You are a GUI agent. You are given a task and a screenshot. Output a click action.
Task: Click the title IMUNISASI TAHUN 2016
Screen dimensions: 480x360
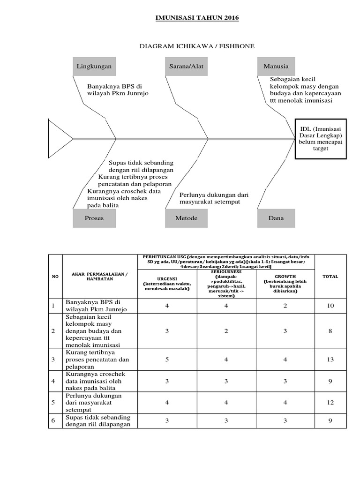tap(197, 18)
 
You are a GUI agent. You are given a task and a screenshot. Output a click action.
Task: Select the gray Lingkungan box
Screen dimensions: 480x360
tap(94, 66)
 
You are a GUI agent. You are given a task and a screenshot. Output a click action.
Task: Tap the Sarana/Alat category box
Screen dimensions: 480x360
tap(187, 66)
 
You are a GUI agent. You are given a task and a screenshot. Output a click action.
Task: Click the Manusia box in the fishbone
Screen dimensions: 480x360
tap(276, 66)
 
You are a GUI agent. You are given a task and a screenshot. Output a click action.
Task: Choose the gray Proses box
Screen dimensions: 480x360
tap(94, 218)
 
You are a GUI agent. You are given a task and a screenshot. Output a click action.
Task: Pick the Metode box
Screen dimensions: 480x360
tap(187, 218)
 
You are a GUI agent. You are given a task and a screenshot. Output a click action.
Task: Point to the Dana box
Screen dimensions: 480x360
tap(276, 218)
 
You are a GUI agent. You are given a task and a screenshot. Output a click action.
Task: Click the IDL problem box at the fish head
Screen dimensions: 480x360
tap(321, 139)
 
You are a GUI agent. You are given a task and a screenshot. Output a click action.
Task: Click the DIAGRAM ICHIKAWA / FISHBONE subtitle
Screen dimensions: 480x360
tap(197, 46)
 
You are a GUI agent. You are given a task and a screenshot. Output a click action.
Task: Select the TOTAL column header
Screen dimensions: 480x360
tap(330, 277)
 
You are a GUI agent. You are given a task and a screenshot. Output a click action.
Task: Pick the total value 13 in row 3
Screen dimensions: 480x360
tap(330, 360)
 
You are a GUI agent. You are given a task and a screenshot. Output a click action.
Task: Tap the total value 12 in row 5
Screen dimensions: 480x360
tap(330, 403)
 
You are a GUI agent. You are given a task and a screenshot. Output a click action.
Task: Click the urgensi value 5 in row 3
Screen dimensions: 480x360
tap(167, 360)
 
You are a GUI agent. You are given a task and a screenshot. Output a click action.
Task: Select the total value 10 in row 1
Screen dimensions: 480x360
tap(330, 306)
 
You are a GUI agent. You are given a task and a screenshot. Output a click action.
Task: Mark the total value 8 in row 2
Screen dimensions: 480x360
tap(330, 331)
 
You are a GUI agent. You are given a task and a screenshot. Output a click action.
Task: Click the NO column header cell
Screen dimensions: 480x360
tap(55, 277)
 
